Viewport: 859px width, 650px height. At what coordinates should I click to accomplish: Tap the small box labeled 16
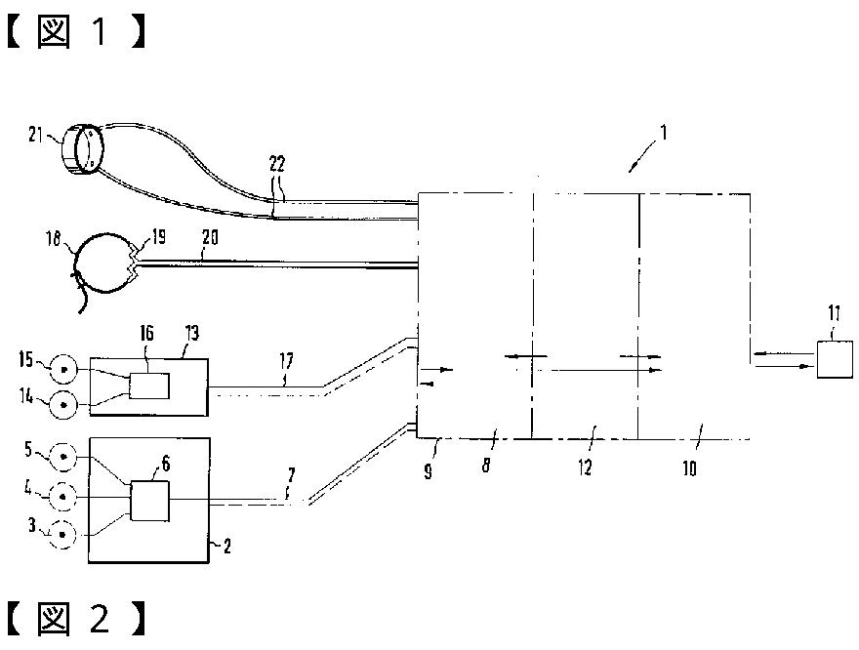(148, 386)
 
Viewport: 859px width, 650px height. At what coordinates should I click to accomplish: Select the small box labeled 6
(149, 503)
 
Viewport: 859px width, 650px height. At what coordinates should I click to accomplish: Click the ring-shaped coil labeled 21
(82, 151)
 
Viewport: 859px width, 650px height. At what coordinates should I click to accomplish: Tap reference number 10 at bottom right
(689, 467)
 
